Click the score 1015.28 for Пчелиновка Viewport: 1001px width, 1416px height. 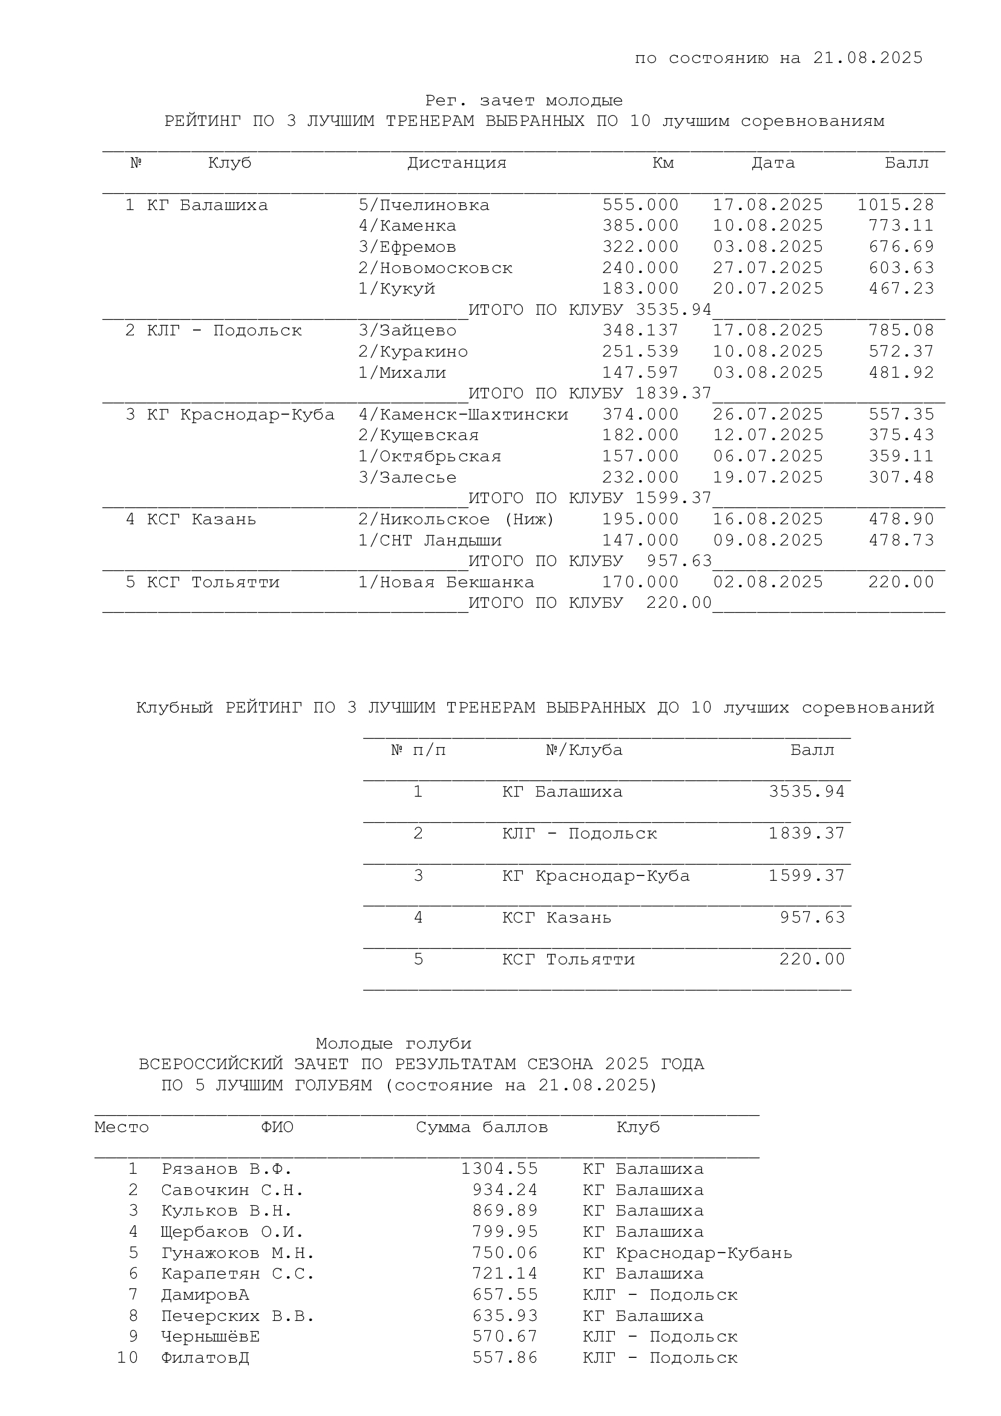896,205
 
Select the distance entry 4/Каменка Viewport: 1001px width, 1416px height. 407,226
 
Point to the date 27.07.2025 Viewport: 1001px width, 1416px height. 768,268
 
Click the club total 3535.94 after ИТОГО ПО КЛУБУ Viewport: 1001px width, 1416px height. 674,309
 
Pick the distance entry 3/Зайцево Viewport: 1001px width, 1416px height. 407,331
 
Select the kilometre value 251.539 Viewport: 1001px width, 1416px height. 640,352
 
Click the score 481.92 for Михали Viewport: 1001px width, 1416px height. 901,372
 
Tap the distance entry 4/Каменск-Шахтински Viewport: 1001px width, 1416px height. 464,415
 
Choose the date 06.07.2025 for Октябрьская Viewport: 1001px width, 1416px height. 768,456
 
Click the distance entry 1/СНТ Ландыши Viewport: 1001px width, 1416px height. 430,540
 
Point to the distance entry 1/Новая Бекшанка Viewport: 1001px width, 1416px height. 446,582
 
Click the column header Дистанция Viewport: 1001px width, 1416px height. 457,163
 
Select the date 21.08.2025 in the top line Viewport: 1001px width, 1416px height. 868,58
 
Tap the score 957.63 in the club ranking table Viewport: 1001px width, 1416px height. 812,918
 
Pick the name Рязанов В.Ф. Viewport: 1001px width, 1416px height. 226,1170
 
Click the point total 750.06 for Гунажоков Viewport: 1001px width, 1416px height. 505,1253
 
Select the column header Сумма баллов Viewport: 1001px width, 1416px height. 481,1127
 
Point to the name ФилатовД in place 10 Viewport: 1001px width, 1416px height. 205,1358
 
